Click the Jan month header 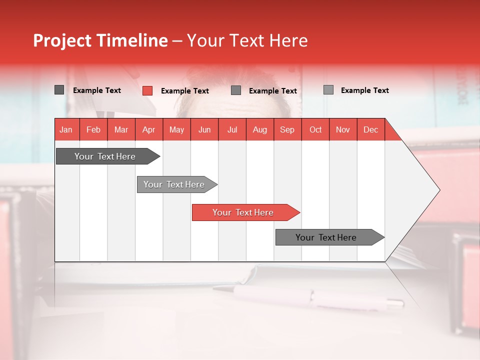pyautogui.click(x=66, y=130)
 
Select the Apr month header pyautogui.click(x=148, y=130)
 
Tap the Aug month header pyautogui.click(x=259, y=130)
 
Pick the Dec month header pyautogui.click(x=370, y=130)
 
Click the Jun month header pyautogui.click(x=204, y=130)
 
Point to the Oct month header pyautogui.click(x=315, y=130)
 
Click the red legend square pyautogui.click(x=147, y=90)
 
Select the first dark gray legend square pyautogui.click(x=59, y=90)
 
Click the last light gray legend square pyautogui.click(x=328, y=90)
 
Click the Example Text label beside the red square pyautogui.click(x=184, y=91)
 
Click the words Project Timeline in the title pyautogui.click(x=100, y=40)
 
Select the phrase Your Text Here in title pyautogui.click(x=247, y=40)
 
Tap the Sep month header pyautogui.click(x=287, y=130)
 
